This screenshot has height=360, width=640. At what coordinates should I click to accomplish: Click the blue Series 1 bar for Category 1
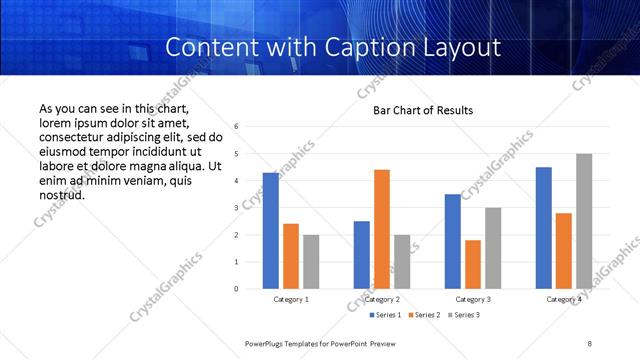click(271, 231)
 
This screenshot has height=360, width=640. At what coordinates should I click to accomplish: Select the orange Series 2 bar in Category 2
click(382, 229)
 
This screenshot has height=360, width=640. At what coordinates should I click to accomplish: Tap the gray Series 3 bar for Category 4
click(584, 221)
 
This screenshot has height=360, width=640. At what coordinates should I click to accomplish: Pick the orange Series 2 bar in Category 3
click(473, 264)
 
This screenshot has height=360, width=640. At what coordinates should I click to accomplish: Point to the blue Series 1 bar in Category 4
click(543, 228)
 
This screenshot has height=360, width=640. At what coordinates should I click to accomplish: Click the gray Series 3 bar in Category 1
click(311, 262)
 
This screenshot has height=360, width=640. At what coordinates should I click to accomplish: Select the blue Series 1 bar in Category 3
click(453, 241)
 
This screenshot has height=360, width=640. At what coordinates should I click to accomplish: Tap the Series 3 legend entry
click(466, 316)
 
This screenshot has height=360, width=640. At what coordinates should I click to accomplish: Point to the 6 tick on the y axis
click(236, 127)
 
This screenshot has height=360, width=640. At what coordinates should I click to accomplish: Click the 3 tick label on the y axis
click(236, 208)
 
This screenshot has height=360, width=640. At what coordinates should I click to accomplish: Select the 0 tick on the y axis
click(236, 289)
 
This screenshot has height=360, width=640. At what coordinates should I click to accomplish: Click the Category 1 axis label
click(291, 300)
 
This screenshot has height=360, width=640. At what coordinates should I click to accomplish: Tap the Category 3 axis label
click(473, 300)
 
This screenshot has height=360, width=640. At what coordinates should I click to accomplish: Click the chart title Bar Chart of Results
click(423, 110)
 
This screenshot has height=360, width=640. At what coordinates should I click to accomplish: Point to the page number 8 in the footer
click(590, 343)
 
